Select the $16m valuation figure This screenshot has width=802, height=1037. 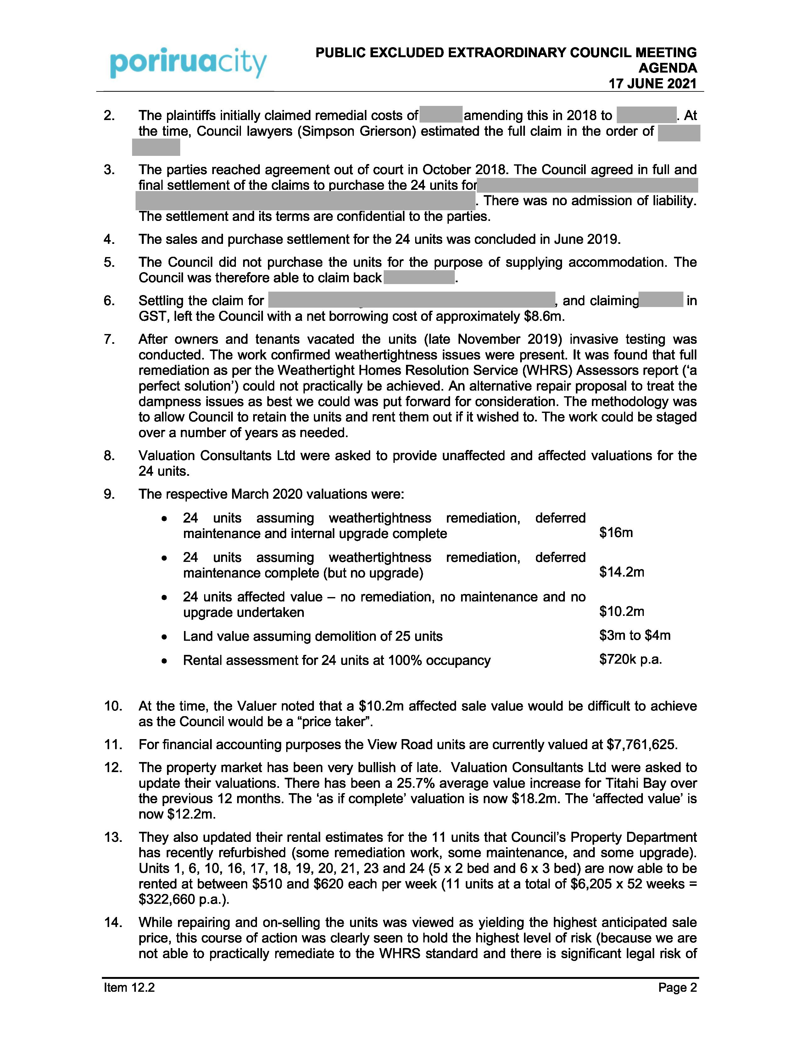(x=616, y=533)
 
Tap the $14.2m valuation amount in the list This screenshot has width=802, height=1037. (x=621, y=572)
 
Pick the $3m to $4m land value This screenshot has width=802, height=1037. (x=635, y=635)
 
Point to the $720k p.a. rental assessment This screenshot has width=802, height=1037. (x=631, y=660)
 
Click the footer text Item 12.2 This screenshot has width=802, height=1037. (x=130, y=988)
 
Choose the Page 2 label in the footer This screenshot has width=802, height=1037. (x=677, y=988)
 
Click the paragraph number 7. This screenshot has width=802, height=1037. (x=109, y=339)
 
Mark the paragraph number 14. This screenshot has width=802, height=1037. (x=113, y=923)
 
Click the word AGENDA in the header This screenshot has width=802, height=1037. (x=667, y=68)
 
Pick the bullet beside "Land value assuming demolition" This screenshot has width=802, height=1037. (x=164, y=637)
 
